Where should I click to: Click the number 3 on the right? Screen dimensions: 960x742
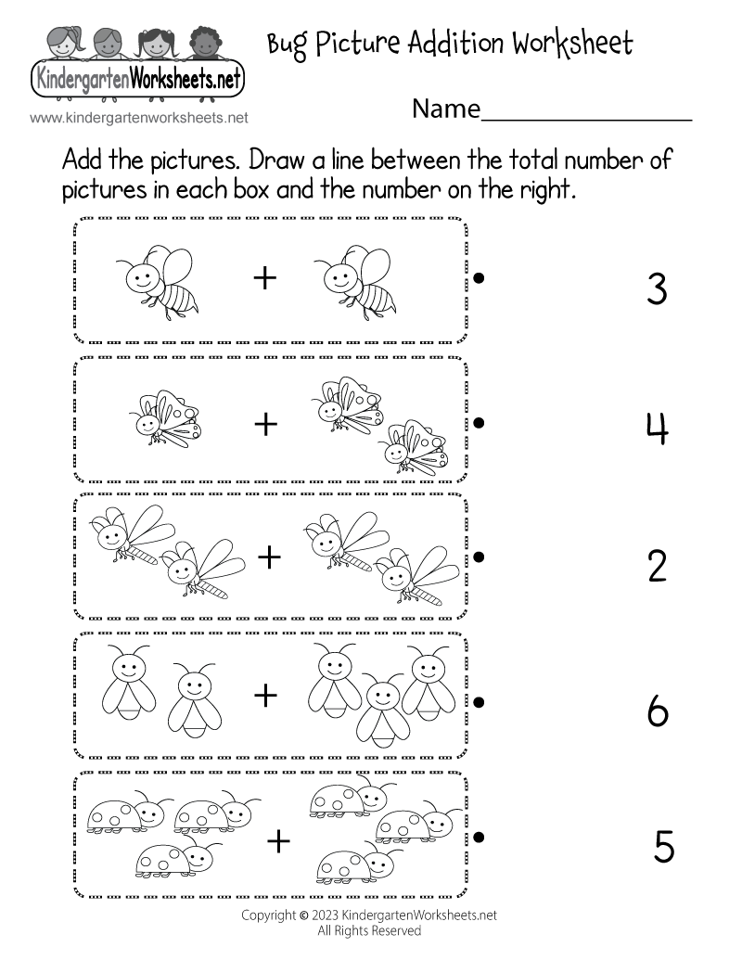click(x=657, y=289)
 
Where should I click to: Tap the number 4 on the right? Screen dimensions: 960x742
click(x=657, y=429)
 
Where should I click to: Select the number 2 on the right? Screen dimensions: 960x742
click(x=657, y=566)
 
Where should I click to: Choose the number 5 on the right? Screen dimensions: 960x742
click(x=663, y=847)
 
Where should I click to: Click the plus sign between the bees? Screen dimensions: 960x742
click(x=265, y=277)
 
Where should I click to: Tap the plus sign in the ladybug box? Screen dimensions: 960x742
click(x=277, y=841)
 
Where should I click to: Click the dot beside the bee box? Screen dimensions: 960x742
click(x=480, y=276)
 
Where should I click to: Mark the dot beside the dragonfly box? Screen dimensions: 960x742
click(x=480, y=557)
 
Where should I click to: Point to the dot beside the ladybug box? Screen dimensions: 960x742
click(x=480, y=838)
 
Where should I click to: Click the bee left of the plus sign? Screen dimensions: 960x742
click(x=162, y=279)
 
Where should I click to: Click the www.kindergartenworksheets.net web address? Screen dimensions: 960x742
click(x=139, y=118)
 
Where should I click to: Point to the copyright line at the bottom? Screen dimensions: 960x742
click(x=368, y=915)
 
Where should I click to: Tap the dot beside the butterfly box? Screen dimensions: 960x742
click(x=480, y=422)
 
